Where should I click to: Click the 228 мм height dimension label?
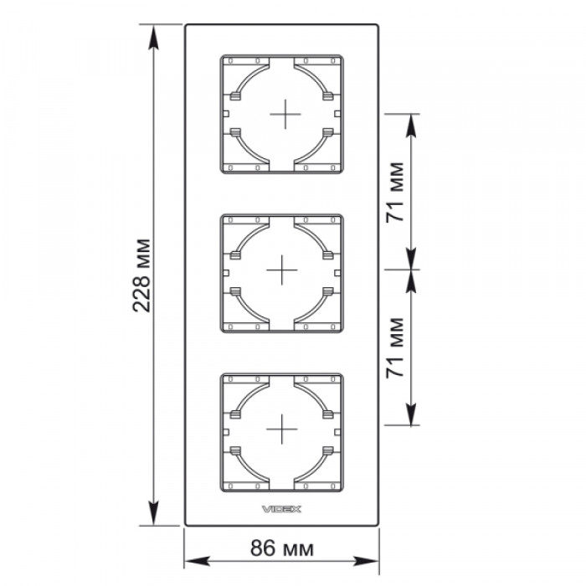point(142,275)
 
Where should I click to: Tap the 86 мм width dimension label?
point(282,548)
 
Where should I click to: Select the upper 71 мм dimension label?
point(395,192)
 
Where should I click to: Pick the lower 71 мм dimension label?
point(395,347)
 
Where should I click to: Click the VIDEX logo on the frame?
point(281,509)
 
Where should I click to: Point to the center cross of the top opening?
point(285,114)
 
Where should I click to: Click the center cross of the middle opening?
point(282,270)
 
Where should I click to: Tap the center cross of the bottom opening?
point(282,429)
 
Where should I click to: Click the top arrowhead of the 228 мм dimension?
point(153,37)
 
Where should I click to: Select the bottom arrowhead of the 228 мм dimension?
point(153,513)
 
